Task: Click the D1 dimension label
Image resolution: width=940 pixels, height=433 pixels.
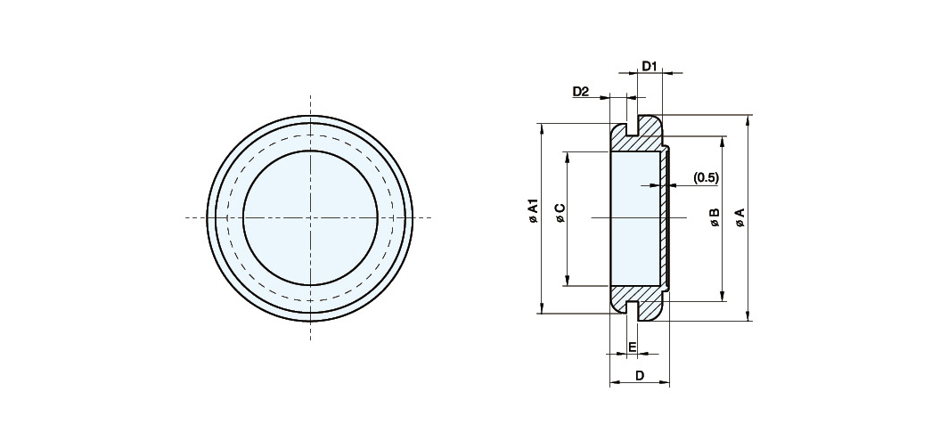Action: [650, 65]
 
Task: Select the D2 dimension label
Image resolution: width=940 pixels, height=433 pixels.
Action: [581, 92]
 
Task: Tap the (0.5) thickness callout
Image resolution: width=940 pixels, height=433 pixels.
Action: [706, 177]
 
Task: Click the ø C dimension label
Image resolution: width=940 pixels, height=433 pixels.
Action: [560, 213]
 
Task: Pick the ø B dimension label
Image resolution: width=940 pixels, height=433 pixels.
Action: [715, 217]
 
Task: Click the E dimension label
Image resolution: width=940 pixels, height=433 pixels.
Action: [632, 347]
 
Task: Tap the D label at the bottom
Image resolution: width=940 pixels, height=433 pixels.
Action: [640, 376]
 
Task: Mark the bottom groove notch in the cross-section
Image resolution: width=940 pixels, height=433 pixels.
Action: [631, 307]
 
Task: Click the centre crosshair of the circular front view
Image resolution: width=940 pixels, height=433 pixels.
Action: [310, 217]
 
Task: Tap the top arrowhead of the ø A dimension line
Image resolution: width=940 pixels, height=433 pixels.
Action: [748, 119]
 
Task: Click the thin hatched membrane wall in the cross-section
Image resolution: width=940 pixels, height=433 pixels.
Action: [664, 218]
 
